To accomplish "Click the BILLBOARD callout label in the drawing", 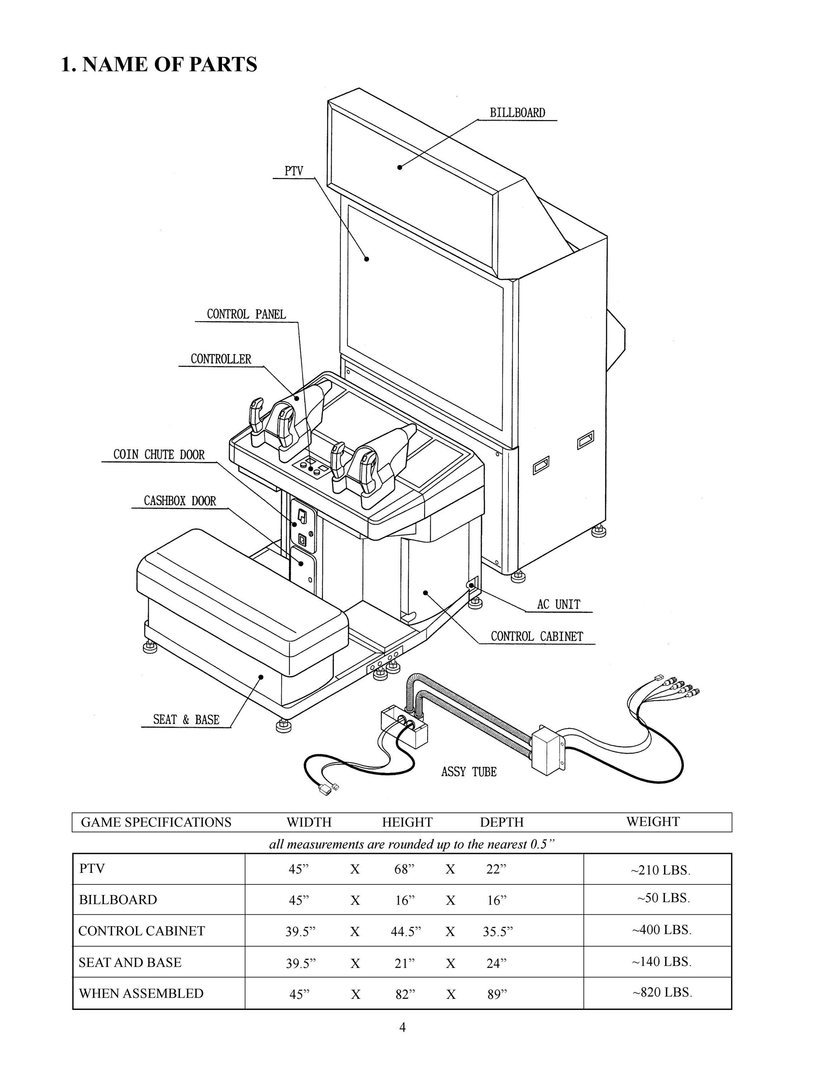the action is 517,113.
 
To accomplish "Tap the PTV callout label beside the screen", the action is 294,171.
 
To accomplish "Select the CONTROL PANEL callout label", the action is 246,314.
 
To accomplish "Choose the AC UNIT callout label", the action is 559,604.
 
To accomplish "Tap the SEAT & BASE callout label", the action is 186,720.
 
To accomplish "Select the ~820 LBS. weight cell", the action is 662,992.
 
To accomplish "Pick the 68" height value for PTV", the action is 404,869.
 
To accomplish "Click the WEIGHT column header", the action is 652,821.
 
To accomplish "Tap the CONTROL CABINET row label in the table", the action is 141,930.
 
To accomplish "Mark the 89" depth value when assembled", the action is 497,994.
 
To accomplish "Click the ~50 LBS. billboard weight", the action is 664,898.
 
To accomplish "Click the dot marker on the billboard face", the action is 400,167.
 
